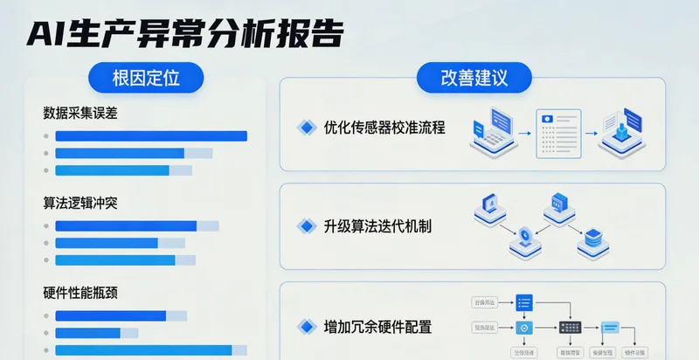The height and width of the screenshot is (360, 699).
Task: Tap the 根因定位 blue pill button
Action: pyautogui.click(x=146, y=78)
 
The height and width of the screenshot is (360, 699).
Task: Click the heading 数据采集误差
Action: pyautogui.click(x=80, y=113)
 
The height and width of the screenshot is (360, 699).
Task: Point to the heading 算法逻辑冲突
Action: pyautogui.click(x=80, y=203)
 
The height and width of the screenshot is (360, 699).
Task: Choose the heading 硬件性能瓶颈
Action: pyautogui.click(x=80, y=293)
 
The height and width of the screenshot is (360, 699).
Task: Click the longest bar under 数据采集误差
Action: pyautogui.click(x=151, y=136)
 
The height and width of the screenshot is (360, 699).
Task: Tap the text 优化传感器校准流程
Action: pyautogui.click(x=372, y=128)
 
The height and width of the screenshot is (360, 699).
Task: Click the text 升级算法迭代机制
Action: pyautogui.click(x=365, y=226)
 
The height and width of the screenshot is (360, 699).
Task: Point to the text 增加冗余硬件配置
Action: pyautogui.click(x=365, y=328)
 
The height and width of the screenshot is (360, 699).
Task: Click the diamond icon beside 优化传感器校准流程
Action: pyautogui.click(x=306, y=128)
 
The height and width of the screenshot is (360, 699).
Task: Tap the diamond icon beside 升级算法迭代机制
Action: pyautogui.click(x=306, y=226)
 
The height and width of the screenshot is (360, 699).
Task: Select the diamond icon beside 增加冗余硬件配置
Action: pyautogui.click(x=306, y=328)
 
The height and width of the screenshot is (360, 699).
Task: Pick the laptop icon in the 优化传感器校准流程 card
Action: pyautogui.click(x=491, y=128)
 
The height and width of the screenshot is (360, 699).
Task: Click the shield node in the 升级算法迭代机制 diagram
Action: pyautogui.click(x=524, y=234)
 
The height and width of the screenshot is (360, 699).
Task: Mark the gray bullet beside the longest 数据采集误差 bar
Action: pyautogui.click(x=45, y=136)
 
